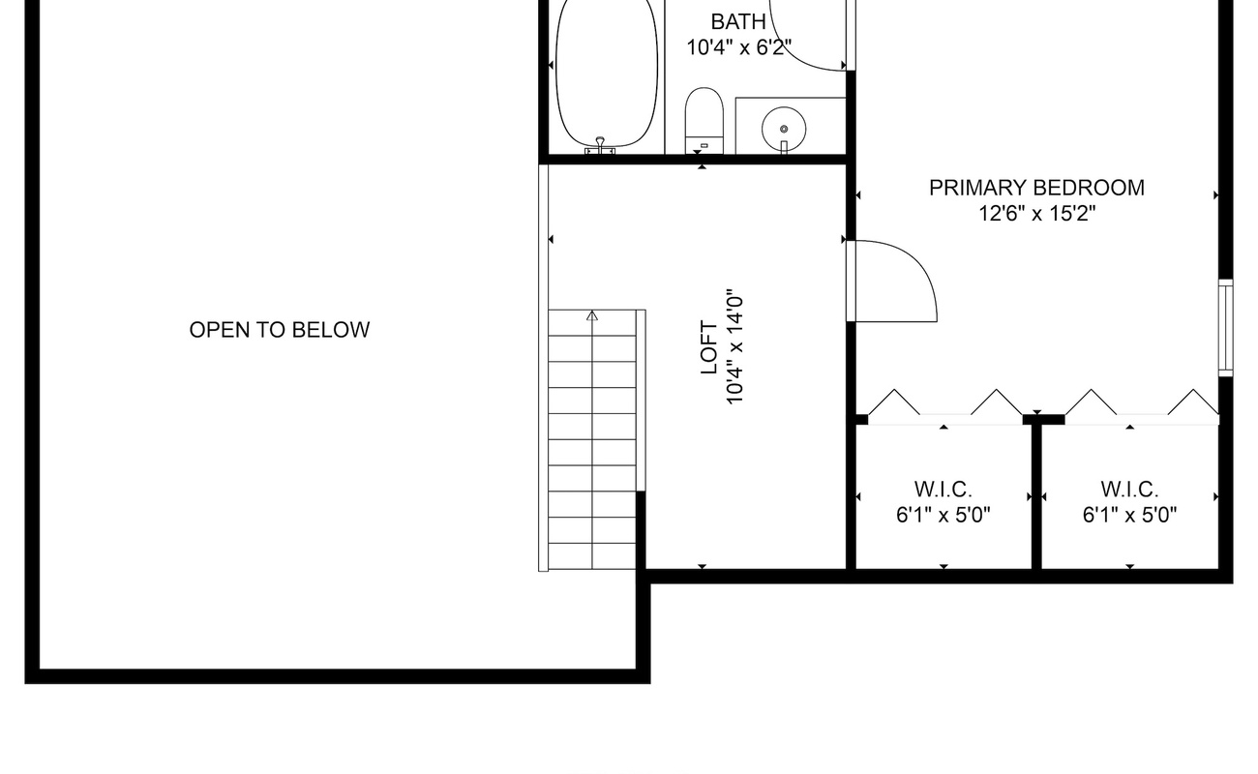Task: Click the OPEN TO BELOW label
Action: pos(280,330)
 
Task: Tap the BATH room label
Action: pos(738,22)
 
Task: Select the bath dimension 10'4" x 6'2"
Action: pos(739,47)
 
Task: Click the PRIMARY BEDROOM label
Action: pos(1036,188)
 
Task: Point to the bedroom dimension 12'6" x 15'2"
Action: pos(1036,214)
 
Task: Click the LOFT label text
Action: pos(709,347)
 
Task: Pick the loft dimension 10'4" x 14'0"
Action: pos(735,347)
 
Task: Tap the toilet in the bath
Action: pos(704,120)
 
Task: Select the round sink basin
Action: pos(784,130)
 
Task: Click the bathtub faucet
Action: pos(600,145)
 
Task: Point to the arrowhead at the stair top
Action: pos(592,315)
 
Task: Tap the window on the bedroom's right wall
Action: pos(1225,328)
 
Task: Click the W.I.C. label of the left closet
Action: pos(943,490)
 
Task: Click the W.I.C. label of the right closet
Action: pos(1129,490)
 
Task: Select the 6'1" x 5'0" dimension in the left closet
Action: pos(943,515)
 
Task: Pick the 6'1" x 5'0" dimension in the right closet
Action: pos(1129,515)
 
